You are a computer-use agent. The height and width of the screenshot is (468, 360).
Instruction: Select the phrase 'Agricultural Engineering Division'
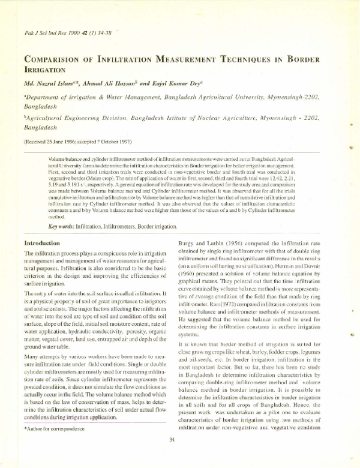pyautogui.click(x=78, y=119)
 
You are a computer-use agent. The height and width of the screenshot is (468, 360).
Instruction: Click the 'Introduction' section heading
pyautogui.click(x=41, y=243)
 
